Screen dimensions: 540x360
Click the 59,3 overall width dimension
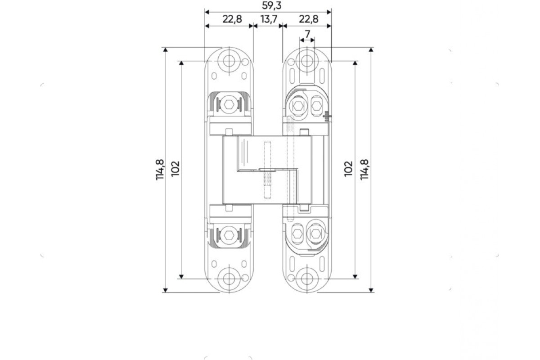pyautogui.click(x=272, y=5)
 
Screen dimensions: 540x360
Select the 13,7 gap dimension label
pyautogui.click(x=269, y=19)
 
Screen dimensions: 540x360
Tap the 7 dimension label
pyautogui.click(x=307, y=34)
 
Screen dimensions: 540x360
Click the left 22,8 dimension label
pyautogui.click(x=232, y=19)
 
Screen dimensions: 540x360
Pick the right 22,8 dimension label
pyautogui.click(x=309, y=19)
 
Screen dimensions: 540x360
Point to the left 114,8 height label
pyautogui.click(x=160, y=170)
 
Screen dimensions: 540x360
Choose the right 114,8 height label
pyautogui.click(x=364, y=170)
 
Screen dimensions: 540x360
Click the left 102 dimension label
pyautogui.click(x=175, y=169)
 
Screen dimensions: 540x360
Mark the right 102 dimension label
pyautogui.click(x=348, y=169)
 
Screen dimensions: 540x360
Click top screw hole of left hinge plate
pyautogui.click(x=229, y=61)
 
